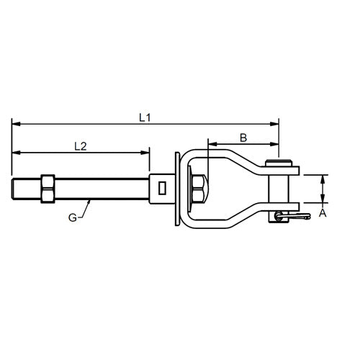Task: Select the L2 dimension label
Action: click(x=81, y=145)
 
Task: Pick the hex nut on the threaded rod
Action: click(x=48, y=189)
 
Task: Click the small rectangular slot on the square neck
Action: click(x=163, y=189)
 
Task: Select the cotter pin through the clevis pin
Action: click(x=292, y=214)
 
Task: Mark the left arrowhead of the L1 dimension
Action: click(x=15, y=124)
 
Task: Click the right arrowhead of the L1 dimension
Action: click(x=276, y=124)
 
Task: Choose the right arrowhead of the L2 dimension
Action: click(x=147, y=152)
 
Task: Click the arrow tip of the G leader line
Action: click(x=89, y=200)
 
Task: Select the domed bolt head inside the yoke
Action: click(x=202, y=189)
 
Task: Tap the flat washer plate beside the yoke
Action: click(x=177, y=189)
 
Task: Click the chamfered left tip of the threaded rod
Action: click(x=15, y=189)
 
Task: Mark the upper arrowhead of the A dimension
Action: click(x=322, y=177)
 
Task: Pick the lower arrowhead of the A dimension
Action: click(x=322, y=201)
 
